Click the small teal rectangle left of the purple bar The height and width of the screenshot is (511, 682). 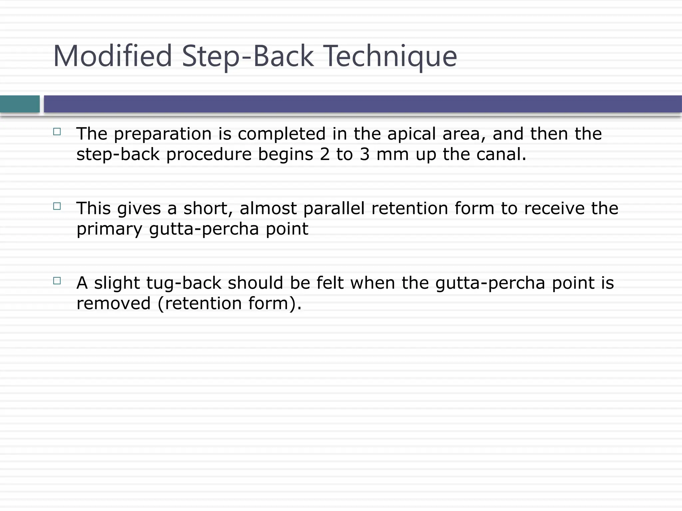[x=20, y=104]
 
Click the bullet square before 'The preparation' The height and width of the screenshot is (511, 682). [x=57, y=132]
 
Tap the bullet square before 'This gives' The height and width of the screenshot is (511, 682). [x=57, y=206]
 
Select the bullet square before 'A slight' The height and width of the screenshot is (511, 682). [x=57, y=281]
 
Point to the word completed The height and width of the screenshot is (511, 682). [x=281, y=134]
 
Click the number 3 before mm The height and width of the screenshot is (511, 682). [x=365, y=154]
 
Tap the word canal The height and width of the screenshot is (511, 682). [x=501, y=154]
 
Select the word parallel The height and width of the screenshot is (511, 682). [x=334, y=209]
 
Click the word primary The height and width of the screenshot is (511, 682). [x=109, y=229]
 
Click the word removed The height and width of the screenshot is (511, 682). [x=114, y=303]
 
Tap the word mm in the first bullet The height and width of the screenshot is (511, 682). [x=392, y=154]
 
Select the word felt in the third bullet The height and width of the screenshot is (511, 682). [x=330, y=283]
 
